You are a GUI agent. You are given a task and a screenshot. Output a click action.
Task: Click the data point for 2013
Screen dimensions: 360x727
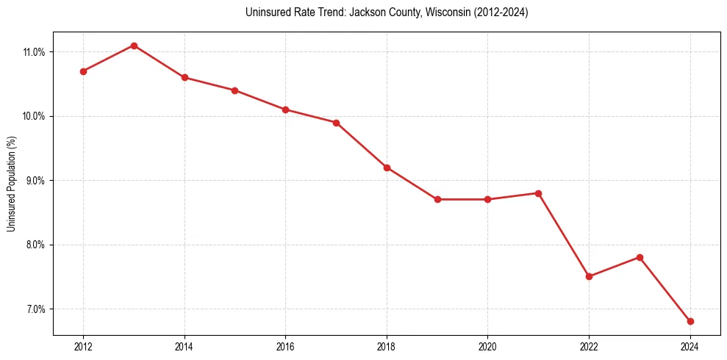(134, 46)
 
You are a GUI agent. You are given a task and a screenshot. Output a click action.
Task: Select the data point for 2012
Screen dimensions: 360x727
(83, 71)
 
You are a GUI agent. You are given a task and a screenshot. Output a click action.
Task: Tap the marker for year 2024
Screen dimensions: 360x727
(690, 321)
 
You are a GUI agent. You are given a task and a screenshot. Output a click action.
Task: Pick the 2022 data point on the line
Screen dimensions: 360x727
(589, 276)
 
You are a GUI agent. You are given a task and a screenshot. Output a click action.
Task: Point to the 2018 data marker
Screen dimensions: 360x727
(387, 168)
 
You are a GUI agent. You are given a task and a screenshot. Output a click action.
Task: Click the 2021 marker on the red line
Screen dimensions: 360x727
(538, 193)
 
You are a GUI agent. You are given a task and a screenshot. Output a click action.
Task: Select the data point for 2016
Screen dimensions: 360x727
(285, 109)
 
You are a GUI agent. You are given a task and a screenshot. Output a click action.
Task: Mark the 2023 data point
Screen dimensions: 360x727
(640, 257)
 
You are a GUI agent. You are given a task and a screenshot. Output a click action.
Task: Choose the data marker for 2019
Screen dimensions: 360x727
(437, 199)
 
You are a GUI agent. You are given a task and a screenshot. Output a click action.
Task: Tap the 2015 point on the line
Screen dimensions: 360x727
(234, 90)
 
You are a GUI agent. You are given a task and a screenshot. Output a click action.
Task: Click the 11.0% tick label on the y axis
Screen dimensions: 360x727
(35, 52)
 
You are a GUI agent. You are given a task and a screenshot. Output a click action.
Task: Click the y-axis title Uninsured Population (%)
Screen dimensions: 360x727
(12, 183)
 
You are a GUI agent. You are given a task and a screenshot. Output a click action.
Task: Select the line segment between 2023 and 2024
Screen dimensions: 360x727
(665, 289)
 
